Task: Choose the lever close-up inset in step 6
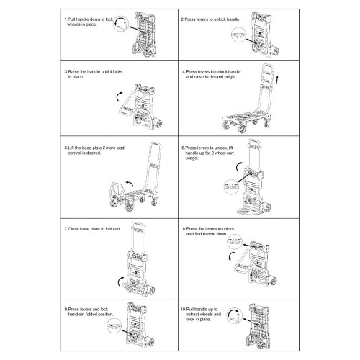tap(231, 185)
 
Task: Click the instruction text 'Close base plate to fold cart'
tap(89, 228)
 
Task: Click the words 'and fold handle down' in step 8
tap(212, 234)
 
